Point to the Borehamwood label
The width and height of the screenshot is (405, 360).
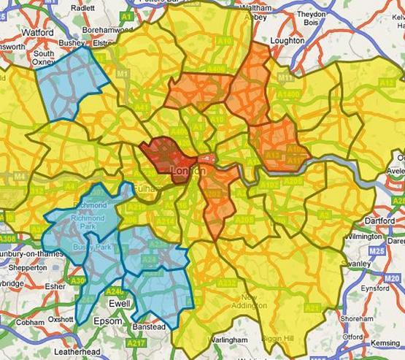click(109, 30)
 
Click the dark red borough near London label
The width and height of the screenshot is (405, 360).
click(166, 155)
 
